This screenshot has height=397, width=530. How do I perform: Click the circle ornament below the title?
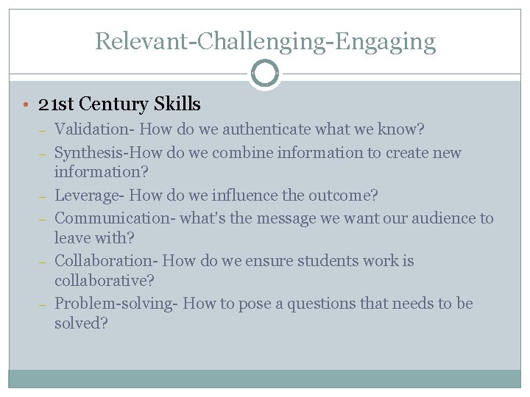[x=265, y=74]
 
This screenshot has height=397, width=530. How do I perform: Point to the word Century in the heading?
[x=120, y=105]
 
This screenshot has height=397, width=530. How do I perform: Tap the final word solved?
[x=81, y=323]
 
